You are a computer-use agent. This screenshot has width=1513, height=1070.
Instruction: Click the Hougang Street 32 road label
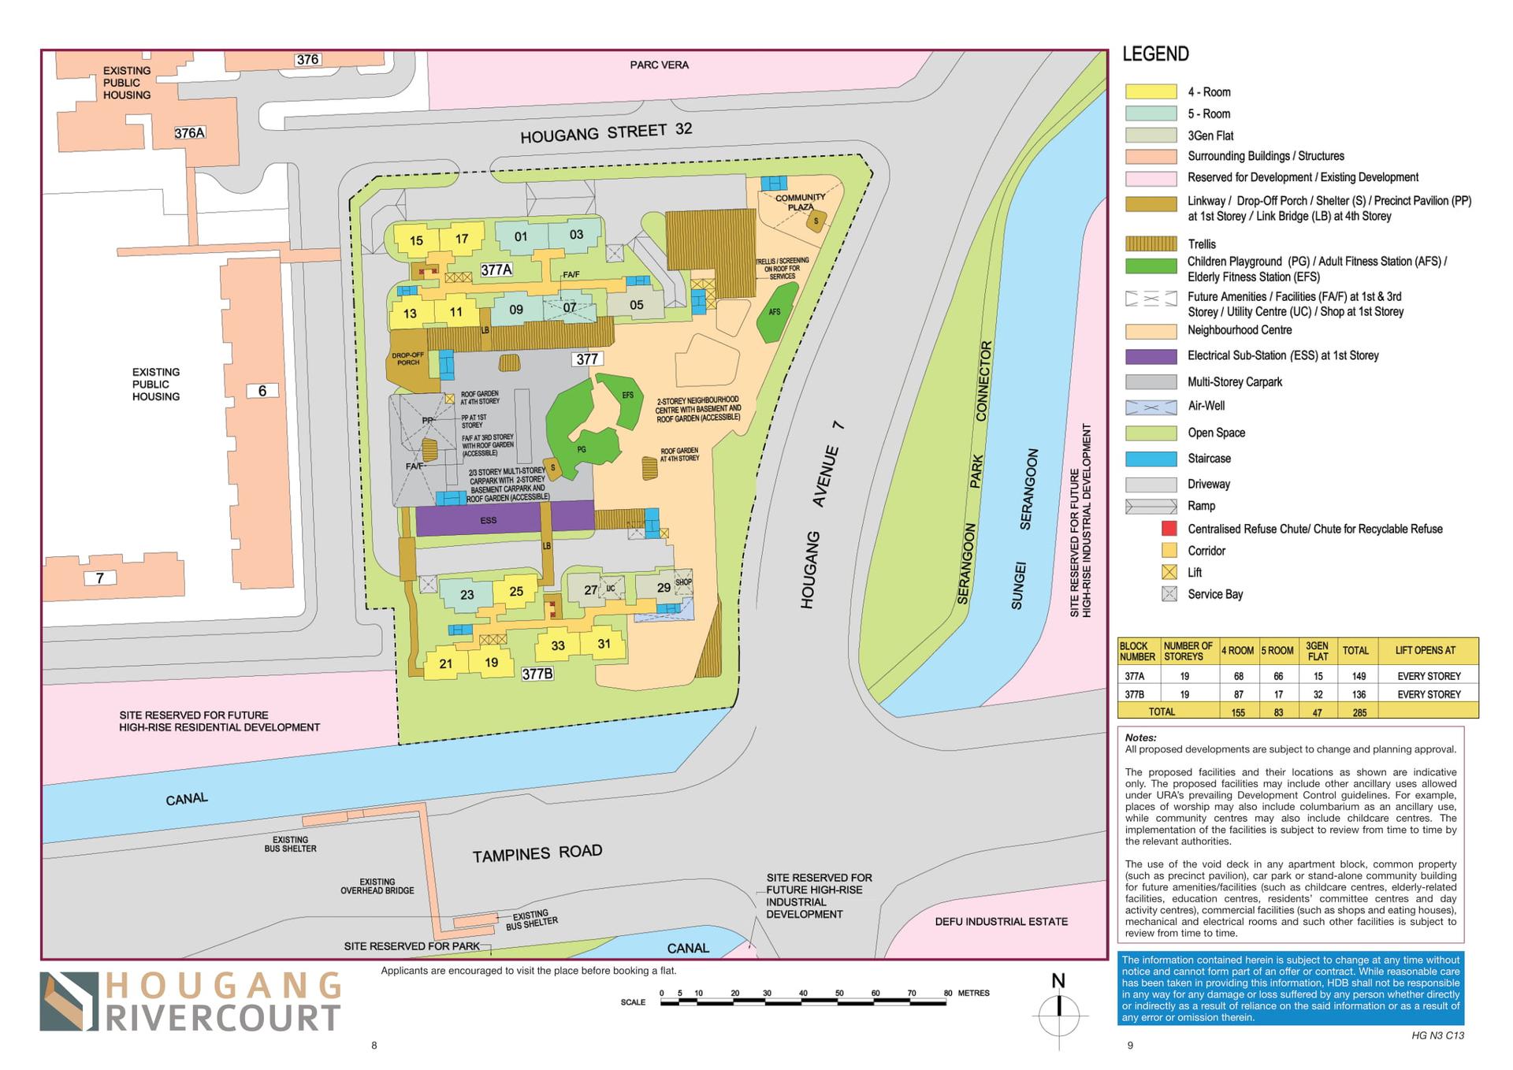click(606, 132)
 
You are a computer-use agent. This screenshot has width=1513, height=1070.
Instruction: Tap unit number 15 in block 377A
click(416, 240)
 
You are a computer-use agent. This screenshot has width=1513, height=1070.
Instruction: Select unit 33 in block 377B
click(558, 645)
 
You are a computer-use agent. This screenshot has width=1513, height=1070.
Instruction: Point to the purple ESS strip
click(489, 520)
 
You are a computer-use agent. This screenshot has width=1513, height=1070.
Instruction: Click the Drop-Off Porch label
click(408, 359)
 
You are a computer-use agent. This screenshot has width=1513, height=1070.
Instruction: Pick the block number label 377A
click(496, 269)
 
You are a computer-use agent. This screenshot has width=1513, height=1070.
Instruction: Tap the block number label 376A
click(189, 133)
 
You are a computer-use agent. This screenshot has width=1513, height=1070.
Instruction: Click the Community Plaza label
click(800, 202)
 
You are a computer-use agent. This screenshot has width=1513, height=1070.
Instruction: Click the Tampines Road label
click(537, 853)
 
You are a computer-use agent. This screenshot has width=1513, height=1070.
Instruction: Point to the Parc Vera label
click(659, 65)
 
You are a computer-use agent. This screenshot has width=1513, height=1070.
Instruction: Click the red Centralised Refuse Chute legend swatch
click(1169, 529)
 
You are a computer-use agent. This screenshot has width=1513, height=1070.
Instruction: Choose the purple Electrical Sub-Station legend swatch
click(1151, 356)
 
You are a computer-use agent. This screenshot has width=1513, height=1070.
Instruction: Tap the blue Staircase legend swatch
click(1151, 459)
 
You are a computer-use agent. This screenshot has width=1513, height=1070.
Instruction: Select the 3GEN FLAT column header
click(1318, 651)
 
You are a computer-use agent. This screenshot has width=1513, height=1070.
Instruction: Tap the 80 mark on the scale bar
click(947, 994)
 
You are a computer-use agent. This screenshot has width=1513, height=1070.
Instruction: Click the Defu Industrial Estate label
click(1001, 921)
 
